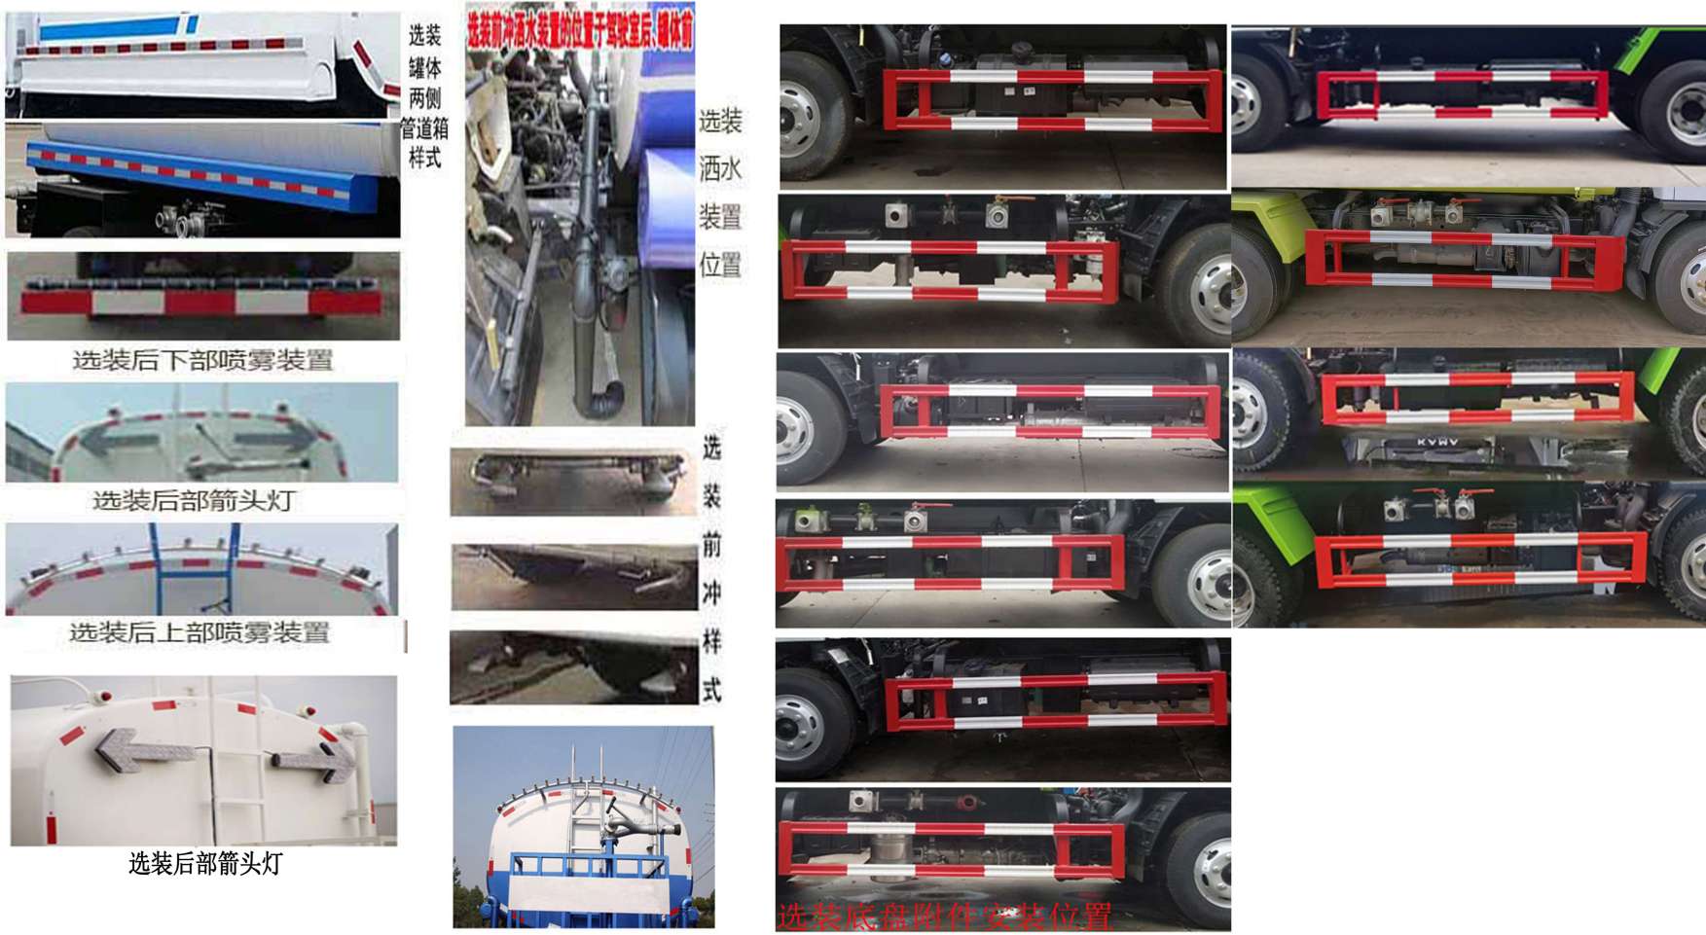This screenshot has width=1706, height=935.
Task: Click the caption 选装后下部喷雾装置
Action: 202,361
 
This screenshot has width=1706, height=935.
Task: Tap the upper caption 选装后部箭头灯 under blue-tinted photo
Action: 194,501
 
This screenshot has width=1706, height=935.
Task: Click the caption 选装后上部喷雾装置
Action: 200,633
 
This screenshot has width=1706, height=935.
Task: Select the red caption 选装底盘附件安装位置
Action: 944,917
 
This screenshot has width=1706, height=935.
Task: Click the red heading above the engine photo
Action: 580,28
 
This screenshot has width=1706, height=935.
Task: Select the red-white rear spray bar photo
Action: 201,298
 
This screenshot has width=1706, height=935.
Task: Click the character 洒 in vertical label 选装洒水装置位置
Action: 720,169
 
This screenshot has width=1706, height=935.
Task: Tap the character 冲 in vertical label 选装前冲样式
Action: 712,593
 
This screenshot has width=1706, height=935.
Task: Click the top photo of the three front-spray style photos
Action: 572,481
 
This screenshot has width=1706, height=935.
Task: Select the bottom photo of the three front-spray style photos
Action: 572,667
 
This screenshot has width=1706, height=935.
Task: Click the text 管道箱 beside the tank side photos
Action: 425,129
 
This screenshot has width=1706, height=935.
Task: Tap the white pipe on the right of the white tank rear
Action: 360,769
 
